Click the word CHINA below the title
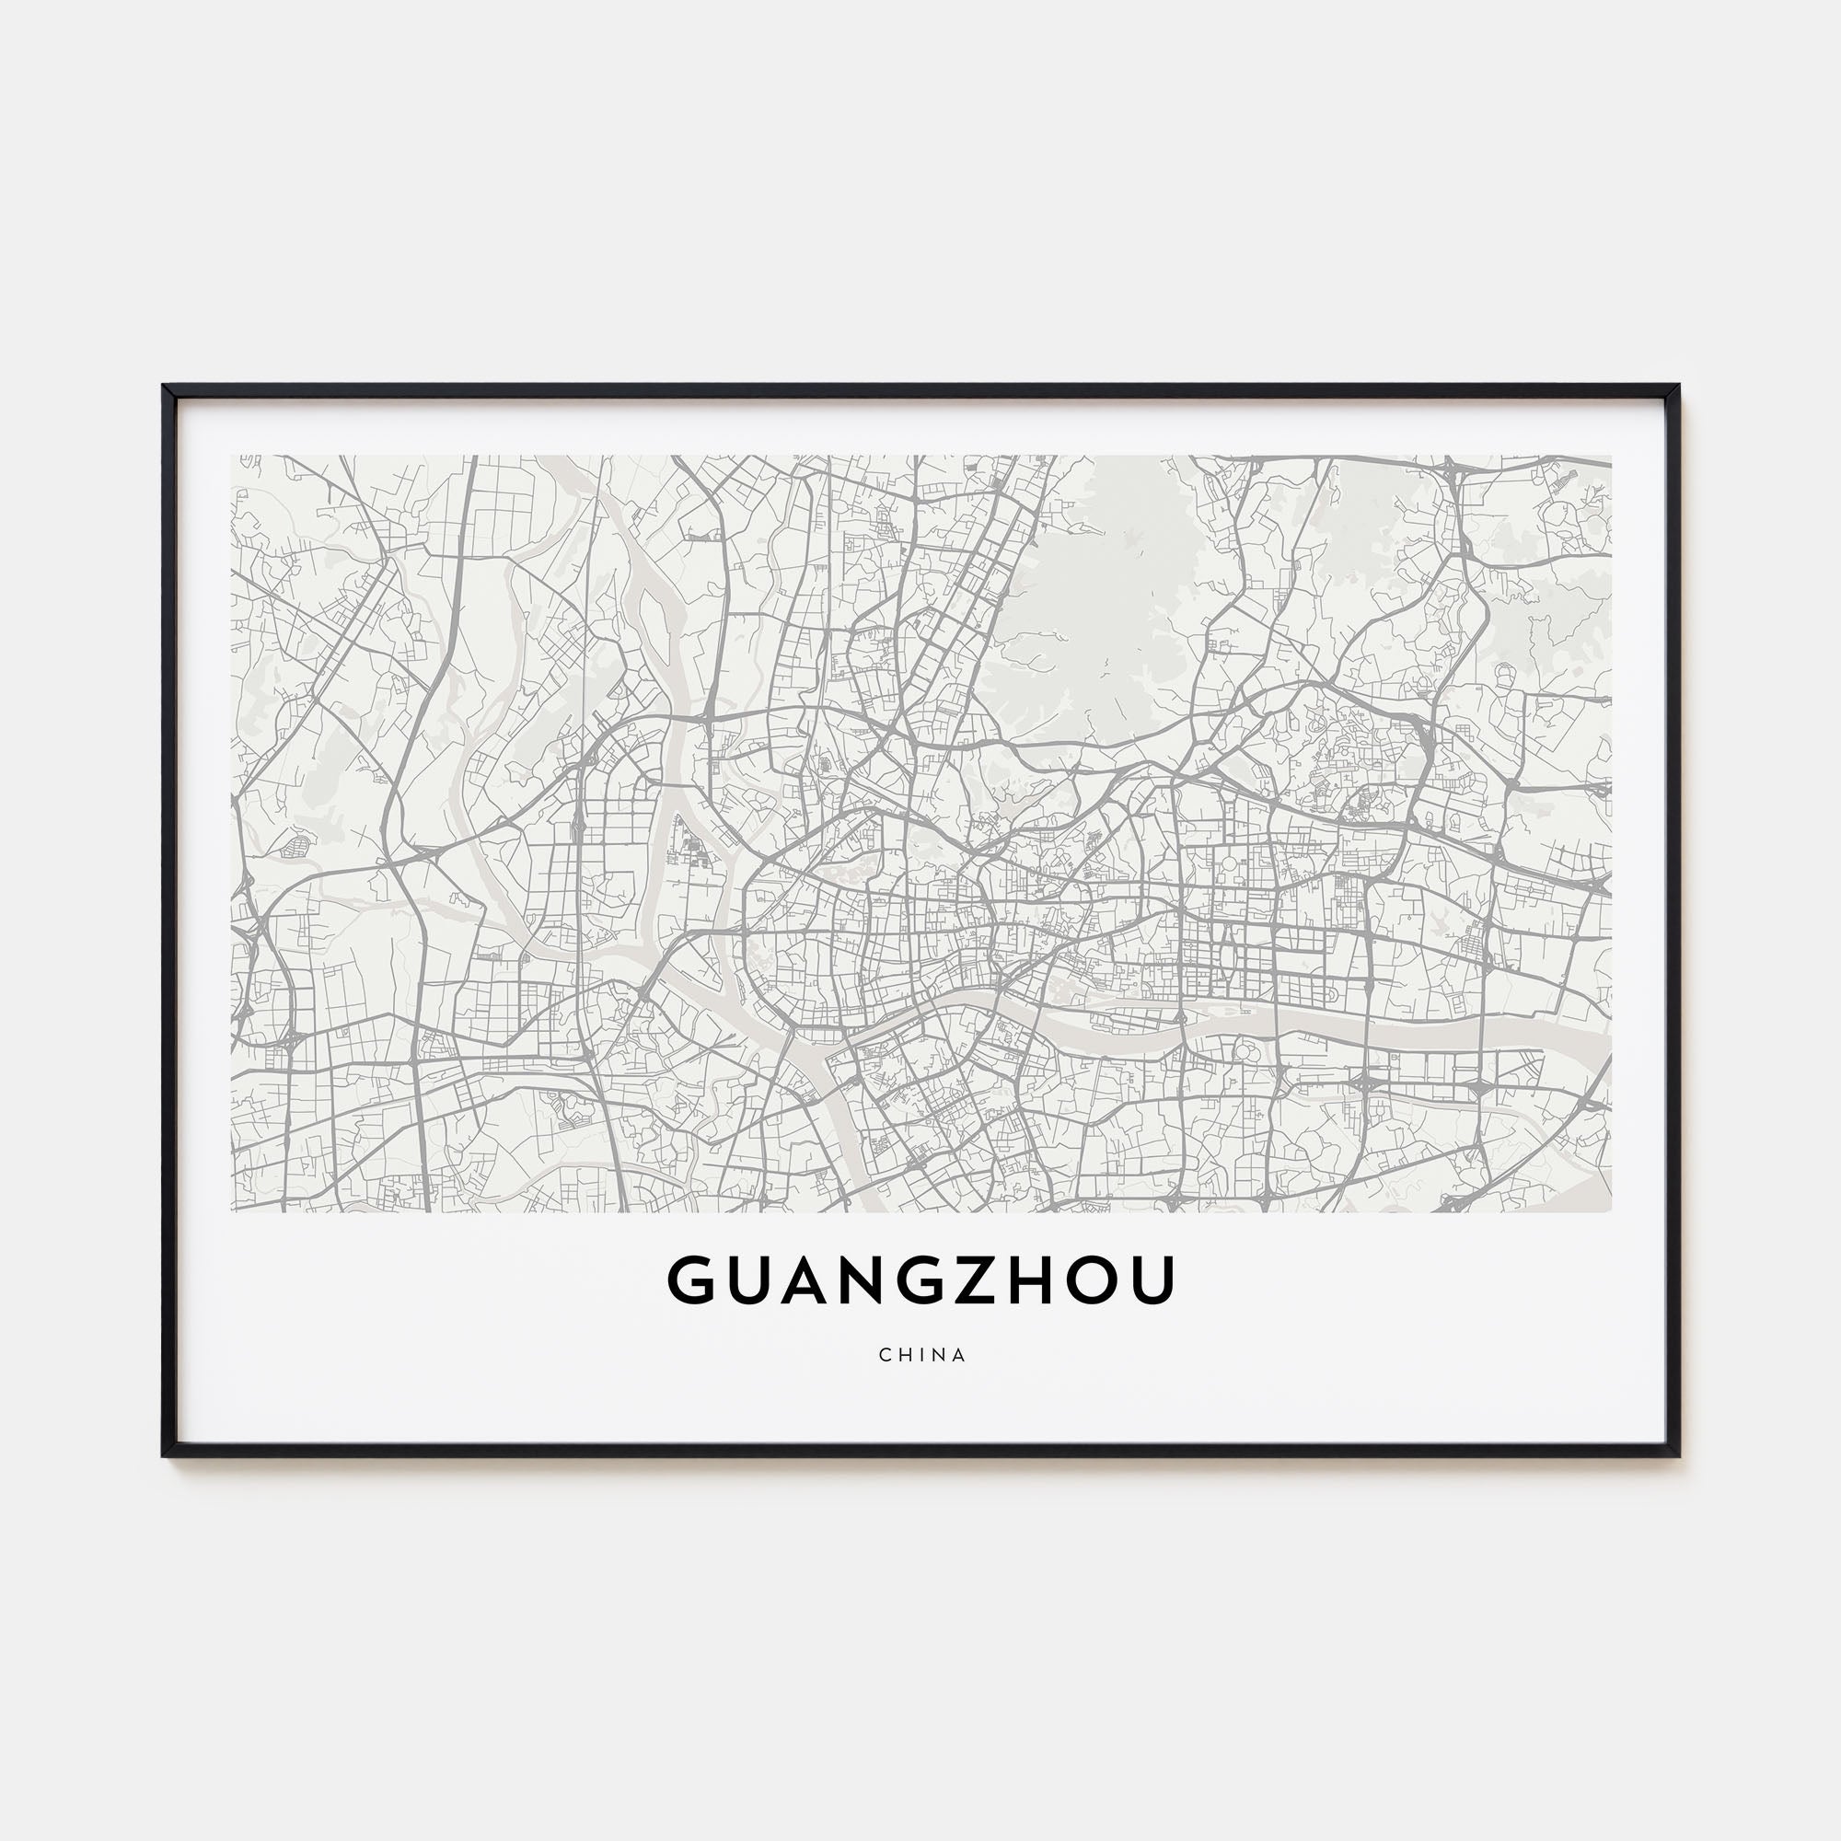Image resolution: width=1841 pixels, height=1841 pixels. (921, 1354)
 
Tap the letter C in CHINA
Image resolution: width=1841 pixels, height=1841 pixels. (886, 1354)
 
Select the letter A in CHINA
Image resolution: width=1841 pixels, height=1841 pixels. (958, 1354)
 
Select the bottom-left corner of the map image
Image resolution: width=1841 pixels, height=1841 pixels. (233, 1211)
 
